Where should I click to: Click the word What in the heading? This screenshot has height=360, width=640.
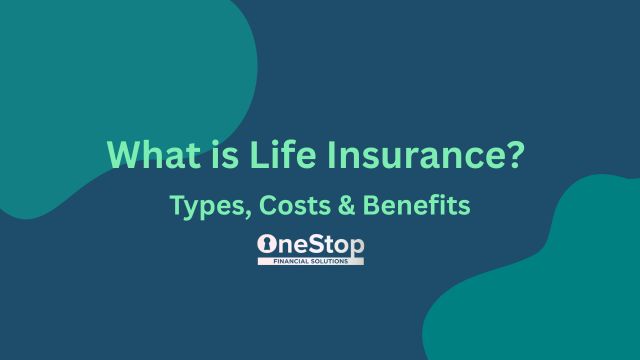coord(144,157)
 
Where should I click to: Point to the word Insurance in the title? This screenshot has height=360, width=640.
coord(393,157)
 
